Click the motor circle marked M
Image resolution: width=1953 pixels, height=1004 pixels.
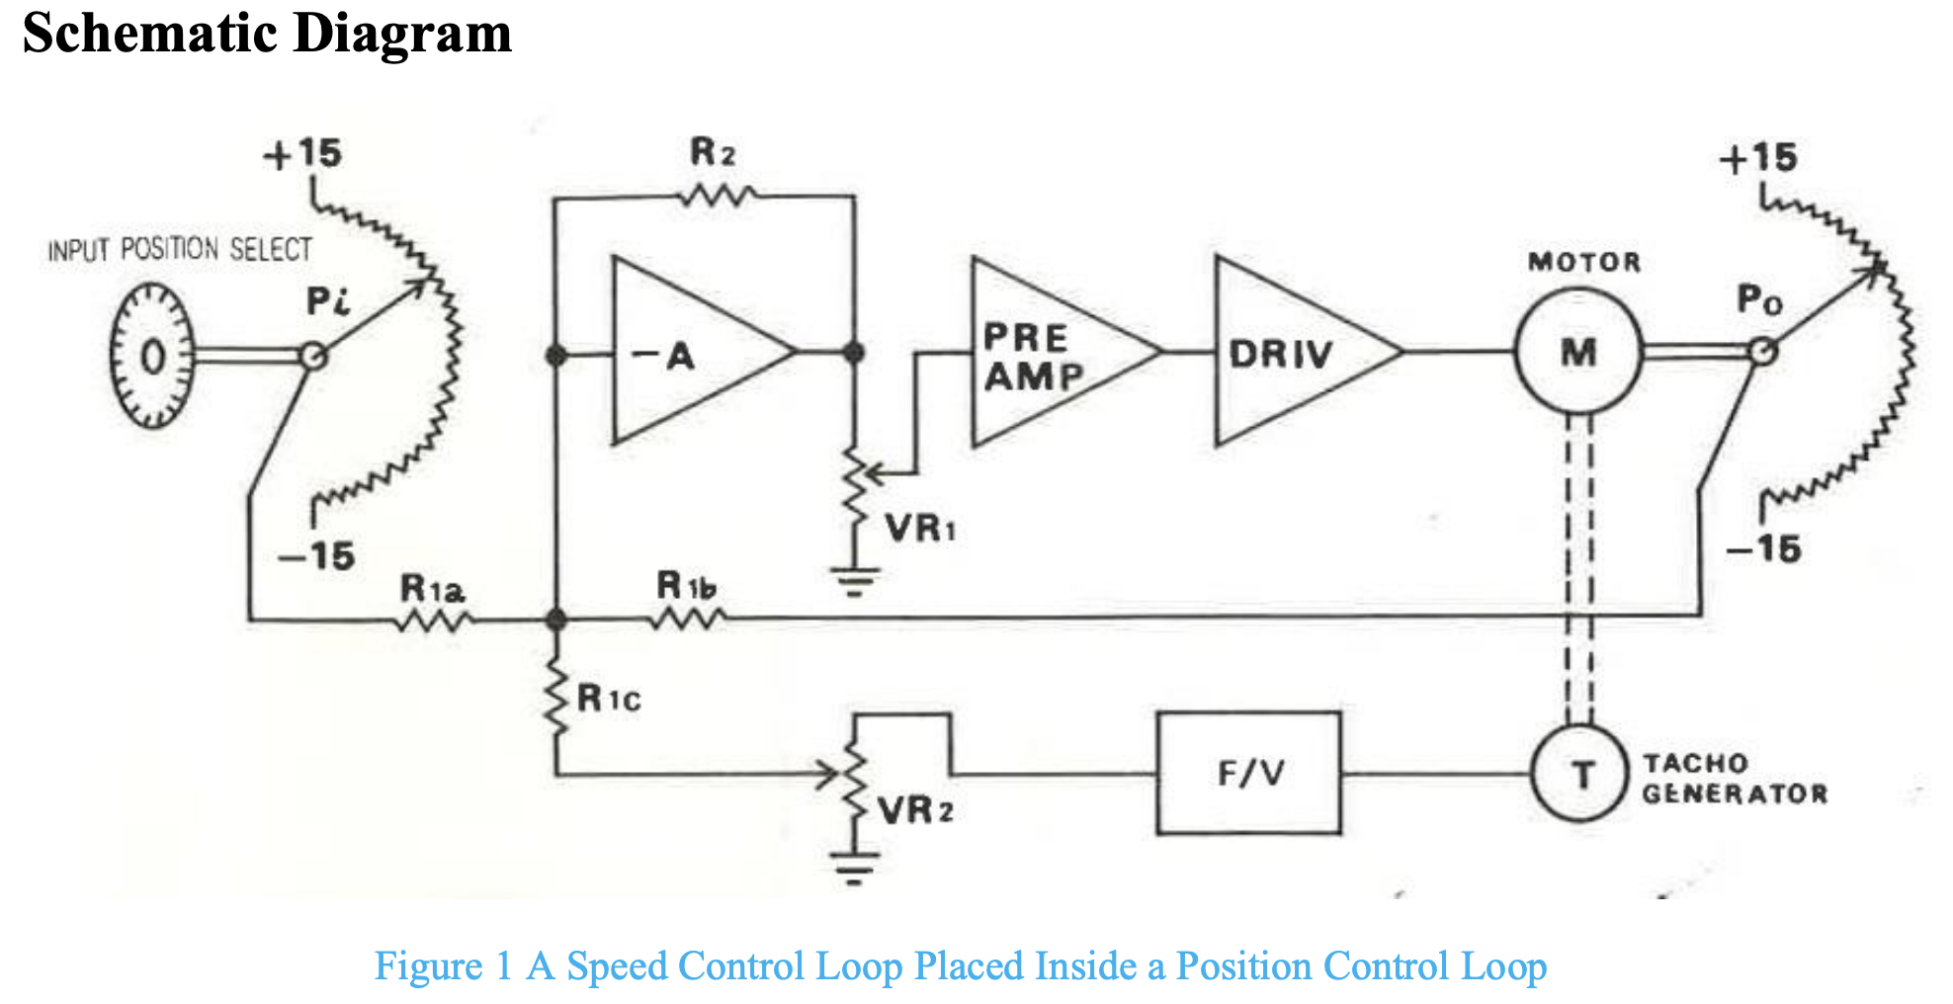[x=1578, y=351]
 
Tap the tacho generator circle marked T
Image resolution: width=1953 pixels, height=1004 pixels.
[x=1579, y=774]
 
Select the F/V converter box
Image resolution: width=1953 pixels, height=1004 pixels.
[x=1249, y=774]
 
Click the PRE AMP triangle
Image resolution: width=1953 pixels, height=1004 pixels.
[x=1048, y=353]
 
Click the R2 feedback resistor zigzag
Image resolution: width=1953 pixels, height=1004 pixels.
[x=719, y=197]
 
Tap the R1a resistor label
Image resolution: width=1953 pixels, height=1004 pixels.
[x=432, y=590]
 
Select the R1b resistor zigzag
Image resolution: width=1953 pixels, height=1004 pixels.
[x=689, y=620]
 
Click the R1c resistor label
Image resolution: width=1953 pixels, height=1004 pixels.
[x=609, y=700]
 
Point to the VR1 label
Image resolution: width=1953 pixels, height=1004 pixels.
[x=920, y=529]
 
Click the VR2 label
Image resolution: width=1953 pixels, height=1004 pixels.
[x=916, y=811]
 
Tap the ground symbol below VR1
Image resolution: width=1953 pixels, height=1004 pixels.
[x=855, y=581]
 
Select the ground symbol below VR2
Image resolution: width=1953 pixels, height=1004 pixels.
[x=855, y=867]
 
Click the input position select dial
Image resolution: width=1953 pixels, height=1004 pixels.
[x=150, y=356]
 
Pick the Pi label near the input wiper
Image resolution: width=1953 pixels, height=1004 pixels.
[x=327, y=300]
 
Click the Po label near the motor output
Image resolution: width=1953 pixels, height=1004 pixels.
[x=1759, y=298]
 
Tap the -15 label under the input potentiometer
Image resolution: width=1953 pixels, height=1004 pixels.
[x=317, y=556]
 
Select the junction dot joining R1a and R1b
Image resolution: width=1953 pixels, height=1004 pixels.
[x=556, y=620]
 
